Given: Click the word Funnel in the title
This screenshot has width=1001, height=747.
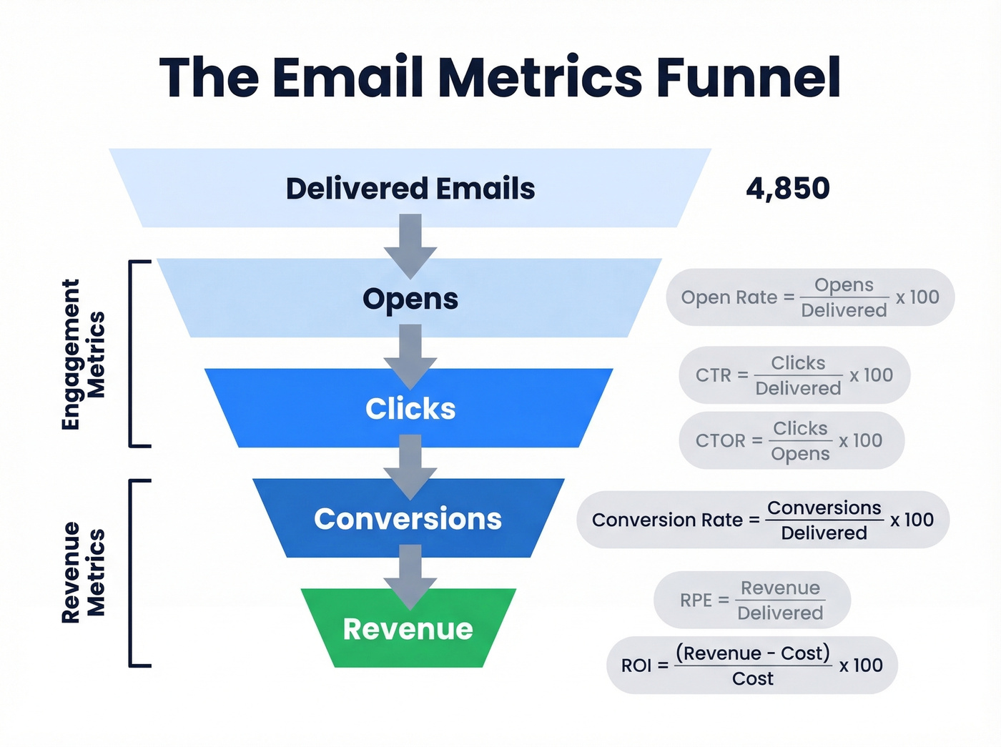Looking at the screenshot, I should [748, 77].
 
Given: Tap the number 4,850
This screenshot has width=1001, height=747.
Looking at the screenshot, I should [787, 189].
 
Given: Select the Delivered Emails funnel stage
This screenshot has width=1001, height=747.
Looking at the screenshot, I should [410, 189].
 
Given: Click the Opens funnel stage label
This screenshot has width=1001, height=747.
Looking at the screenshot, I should [410, 299].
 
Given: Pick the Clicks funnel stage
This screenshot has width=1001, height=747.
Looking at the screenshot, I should [410, 409].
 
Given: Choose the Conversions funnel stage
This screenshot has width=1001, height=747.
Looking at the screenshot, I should [408, 519].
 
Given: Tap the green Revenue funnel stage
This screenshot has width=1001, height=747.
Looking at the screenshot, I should [408, 629].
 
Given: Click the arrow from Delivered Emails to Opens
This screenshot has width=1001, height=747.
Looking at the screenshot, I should [410, 247].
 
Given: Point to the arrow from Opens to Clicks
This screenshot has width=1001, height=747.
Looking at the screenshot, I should [410, 356].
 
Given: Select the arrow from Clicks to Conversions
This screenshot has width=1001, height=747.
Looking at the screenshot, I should [410, 466].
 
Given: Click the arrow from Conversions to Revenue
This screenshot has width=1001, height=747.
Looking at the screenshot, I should [410, 576].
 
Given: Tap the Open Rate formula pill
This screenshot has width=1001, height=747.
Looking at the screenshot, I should [809, 297].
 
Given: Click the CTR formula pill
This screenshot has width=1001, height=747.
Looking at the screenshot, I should [794, 375].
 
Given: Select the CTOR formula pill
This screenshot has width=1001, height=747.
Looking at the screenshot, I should [791, 440].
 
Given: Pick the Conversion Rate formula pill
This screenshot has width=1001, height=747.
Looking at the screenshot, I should [762, 520].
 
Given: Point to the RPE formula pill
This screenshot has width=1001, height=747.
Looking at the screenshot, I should [751, 600].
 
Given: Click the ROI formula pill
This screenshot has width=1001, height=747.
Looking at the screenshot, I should [751, 666].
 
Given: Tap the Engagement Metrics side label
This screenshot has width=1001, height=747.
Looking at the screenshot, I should [83, 355].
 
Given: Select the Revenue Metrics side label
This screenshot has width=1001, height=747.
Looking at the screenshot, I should [83, 573].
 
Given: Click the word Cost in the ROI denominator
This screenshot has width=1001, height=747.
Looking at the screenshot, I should [752, 678].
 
